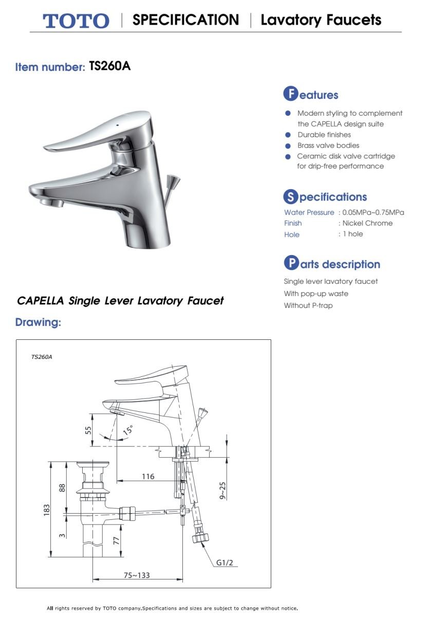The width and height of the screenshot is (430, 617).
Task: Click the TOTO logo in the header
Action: click(76, 21)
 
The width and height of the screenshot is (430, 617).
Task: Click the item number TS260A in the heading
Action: click(110, 66)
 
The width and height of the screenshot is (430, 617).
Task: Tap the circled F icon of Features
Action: click(291, 94)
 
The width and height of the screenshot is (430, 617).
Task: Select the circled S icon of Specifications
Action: click(291, 196)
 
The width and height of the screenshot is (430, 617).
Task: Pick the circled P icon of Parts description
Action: click(291, 264)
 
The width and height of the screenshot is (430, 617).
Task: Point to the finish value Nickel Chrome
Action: click(367, 223)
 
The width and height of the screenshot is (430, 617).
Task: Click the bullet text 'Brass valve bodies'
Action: click(328, 146)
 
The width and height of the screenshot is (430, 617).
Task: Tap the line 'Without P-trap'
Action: click(308, 305)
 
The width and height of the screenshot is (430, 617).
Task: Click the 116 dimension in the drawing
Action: click(148, 477)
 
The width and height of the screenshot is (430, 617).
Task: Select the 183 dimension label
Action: click(47, 510)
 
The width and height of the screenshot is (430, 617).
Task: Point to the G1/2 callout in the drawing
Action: click(225, 562)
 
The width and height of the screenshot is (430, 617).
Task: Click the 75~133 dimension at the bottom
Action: click(137, 575)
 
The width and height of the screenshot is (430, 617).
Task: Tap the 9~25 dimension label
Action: click(222, 490)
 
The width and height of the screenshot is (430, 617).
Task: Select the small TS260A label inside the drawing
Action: click(42, 356)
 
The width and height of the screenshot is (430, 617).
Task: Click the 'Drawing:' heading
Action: click(38, 323)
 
